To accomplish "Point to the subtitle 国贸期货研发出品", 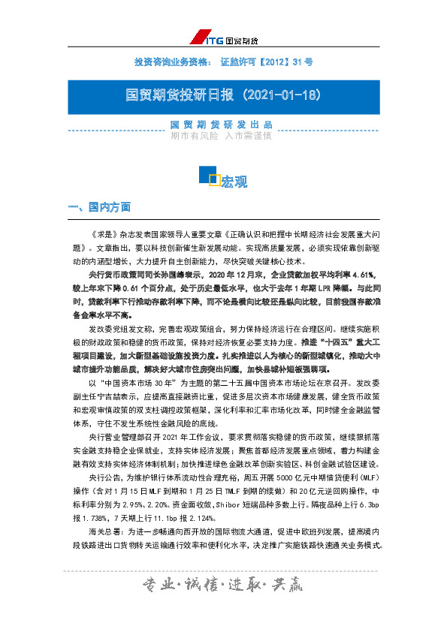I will tap(222, 125).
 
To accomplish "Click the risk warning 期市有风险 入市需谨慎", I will tap(222, 137).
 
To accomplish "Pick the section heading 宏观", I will tap(234, 182).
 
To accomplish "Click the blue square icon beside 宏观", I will tap(207, 176).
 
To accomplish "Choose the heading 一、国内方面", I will tap(99, 206).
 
